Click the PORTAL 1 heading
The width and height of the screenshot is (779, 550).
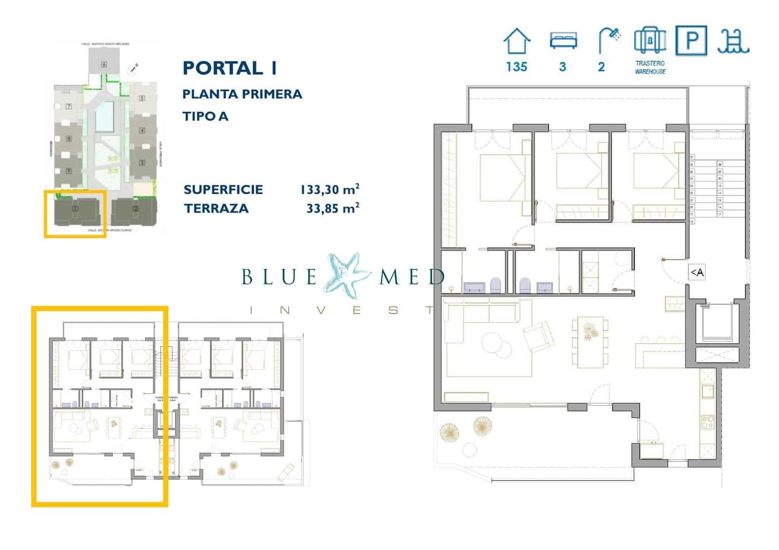(229, 68)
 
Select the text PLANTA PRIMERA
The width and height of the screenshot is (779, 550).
(242, 94)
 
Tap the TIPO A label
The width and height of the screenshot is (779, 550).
(205, 116)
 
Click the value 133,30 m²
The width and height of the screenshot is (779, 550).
(330, 189)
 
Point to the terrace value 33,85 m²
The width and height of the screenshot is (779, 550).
(333, 208)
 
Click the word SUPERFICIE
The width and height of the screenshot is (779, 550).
(223, 189)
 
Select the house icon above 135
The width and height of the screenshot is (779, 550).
(516, 41)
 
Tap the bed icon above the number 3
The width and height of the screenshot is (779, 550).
(563, 40)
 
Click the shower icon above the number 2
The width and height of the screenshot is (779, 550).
(609, 40)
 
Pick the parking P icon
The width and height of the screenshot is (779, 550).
(691, 40)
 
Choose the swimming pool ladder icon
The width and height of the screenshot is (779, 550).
(733, 41)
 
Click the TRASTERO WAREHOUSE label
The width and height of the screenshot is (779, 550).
(650, 67)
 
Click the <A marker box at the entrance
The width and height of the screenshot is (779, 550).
(697, 272)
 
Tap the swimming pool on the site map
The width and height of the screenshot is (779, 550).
(104, 117)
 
